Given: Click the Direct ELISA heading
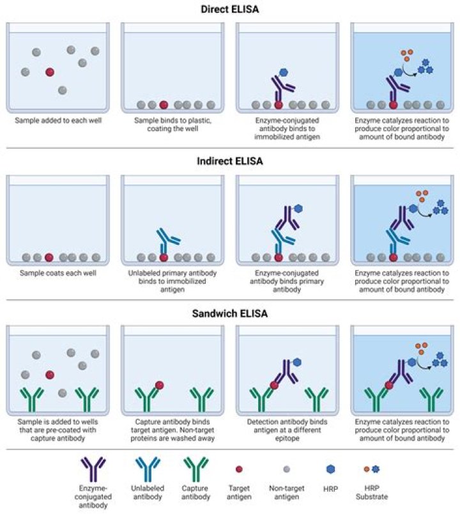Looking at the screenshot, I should point(229,10).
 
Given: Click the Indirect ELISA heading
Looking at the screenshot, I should point(229,161).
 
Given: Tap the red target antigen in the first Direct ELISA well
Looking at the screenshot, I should point(49,72).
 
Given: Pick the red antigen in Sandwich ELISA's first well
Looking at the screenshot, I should point(49,375).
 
